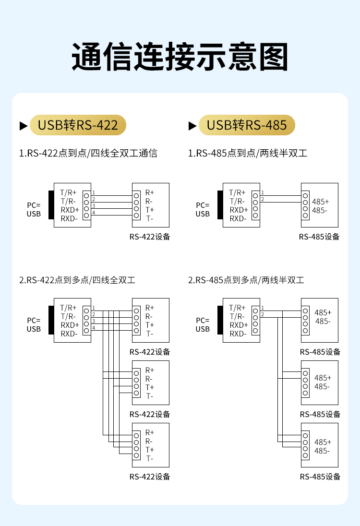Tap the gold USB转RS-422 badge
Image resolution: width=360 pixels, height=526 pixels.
tap(78, 125)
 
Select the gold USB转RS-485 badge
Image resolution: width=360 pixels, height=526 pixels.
tap(247, 125)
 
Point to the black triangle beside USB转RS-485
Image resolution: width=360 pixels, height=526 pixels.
tap(192, 126)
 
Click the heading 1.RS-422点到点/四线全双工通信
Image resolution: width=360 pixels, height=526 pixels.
tap(88, 154)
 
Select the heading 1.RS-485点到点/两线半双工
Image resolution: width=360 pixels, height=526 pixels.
tap(248, 154)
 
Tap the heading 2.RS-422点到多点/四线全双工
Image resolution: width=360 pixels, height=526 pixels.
tap(77, 280)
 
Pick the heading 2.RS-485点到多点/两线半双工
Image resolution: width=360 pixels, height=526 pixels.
tap(246, 280)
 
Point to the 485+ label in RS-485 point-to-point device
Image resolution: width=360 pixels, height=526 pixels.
tap(320, 202)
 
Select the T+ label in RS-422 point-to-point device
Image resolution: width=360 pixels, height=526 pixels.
tap(150, 210)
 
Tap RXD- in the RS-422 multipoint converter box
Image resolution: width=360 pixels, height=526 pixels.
tap(69, 334)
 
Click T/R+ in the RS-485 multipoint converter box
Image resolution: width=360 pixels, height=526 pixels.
tap(238, 308)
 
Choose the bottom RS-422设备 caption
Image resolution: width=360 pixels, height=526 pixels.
tap(150, 477)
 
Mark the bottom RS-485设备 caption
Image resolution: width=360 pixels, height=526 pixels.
tap(320, 477)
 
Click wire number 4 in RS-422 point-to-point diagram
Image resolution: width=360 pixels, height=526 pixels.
tap(94, 213)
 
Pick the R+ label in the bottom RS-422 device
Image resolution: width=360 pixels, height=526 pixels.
tap(150, 432)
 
